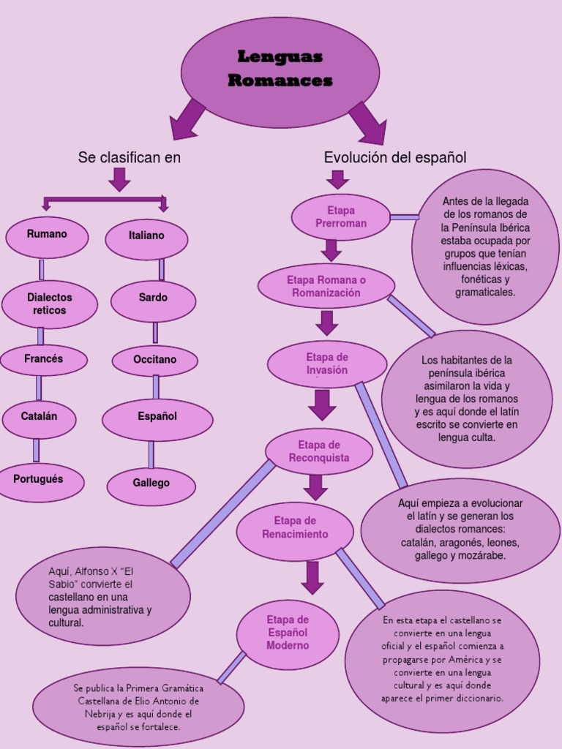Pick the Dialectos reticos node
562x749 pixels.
[x=50, y=304]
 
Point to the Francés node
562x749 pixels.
[x=44, y=360]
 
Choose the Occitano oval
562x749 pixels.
[x=154, y=361]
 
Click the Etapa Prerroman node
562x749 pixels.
[x=341, y=217]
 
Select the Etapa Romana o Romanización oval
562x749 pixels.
[x=326, y=286]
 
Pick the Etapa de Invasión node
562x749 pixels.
[x=327, y=364]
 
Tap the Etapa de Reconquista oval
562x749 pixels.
[x=319, y=451]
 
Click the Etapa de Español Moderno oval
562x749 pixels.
[x=288, y=634]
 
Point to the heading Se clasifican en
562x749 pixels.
[x=130, y=158]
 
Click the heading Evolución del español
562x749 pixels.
[x=394, y=158]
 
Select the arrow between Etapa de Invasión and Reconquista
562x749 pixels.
[x=322, y=404]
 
